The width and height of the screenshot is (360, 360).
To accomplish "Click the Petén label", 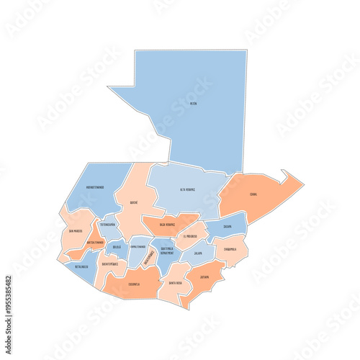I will coord(193,104).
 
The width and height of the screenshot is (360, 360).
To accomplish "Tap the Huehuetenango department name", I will coord(95,186).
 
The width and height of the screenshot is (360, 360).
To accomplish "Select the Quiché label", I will coord(135,203).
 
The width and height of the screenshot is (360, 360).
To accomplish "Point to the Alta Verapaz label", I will coord(187,189).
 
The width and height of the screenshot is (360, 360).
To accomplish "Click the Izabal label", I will coord(253,194).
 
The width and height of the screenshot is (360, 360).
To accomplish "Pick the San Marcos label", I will coord(75,231).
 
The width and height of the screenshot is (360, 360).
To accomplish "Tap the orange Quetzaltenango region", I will coord(94,243).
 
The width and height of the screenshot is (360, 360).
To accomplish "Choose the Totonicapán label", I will coord(108,225).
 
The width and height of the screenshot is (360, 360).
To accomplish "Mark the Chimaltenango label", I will coord(138,246).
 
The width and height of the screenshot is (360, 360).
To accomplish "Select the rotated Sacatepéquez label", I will coord(149,257).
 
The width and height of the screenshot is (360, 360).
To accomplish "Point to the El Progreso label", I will coord(190,236).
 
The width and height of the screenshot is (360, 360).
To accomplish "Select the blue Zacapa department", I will coord(228,226).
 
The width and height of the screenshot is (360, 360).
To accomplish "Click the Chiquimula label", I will coord(230,250).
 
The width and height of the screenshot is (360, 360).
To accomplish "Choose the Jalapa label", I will coord(198,253).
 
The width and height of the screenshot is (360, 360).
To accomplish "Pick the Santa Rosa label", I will coord(175,283).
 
